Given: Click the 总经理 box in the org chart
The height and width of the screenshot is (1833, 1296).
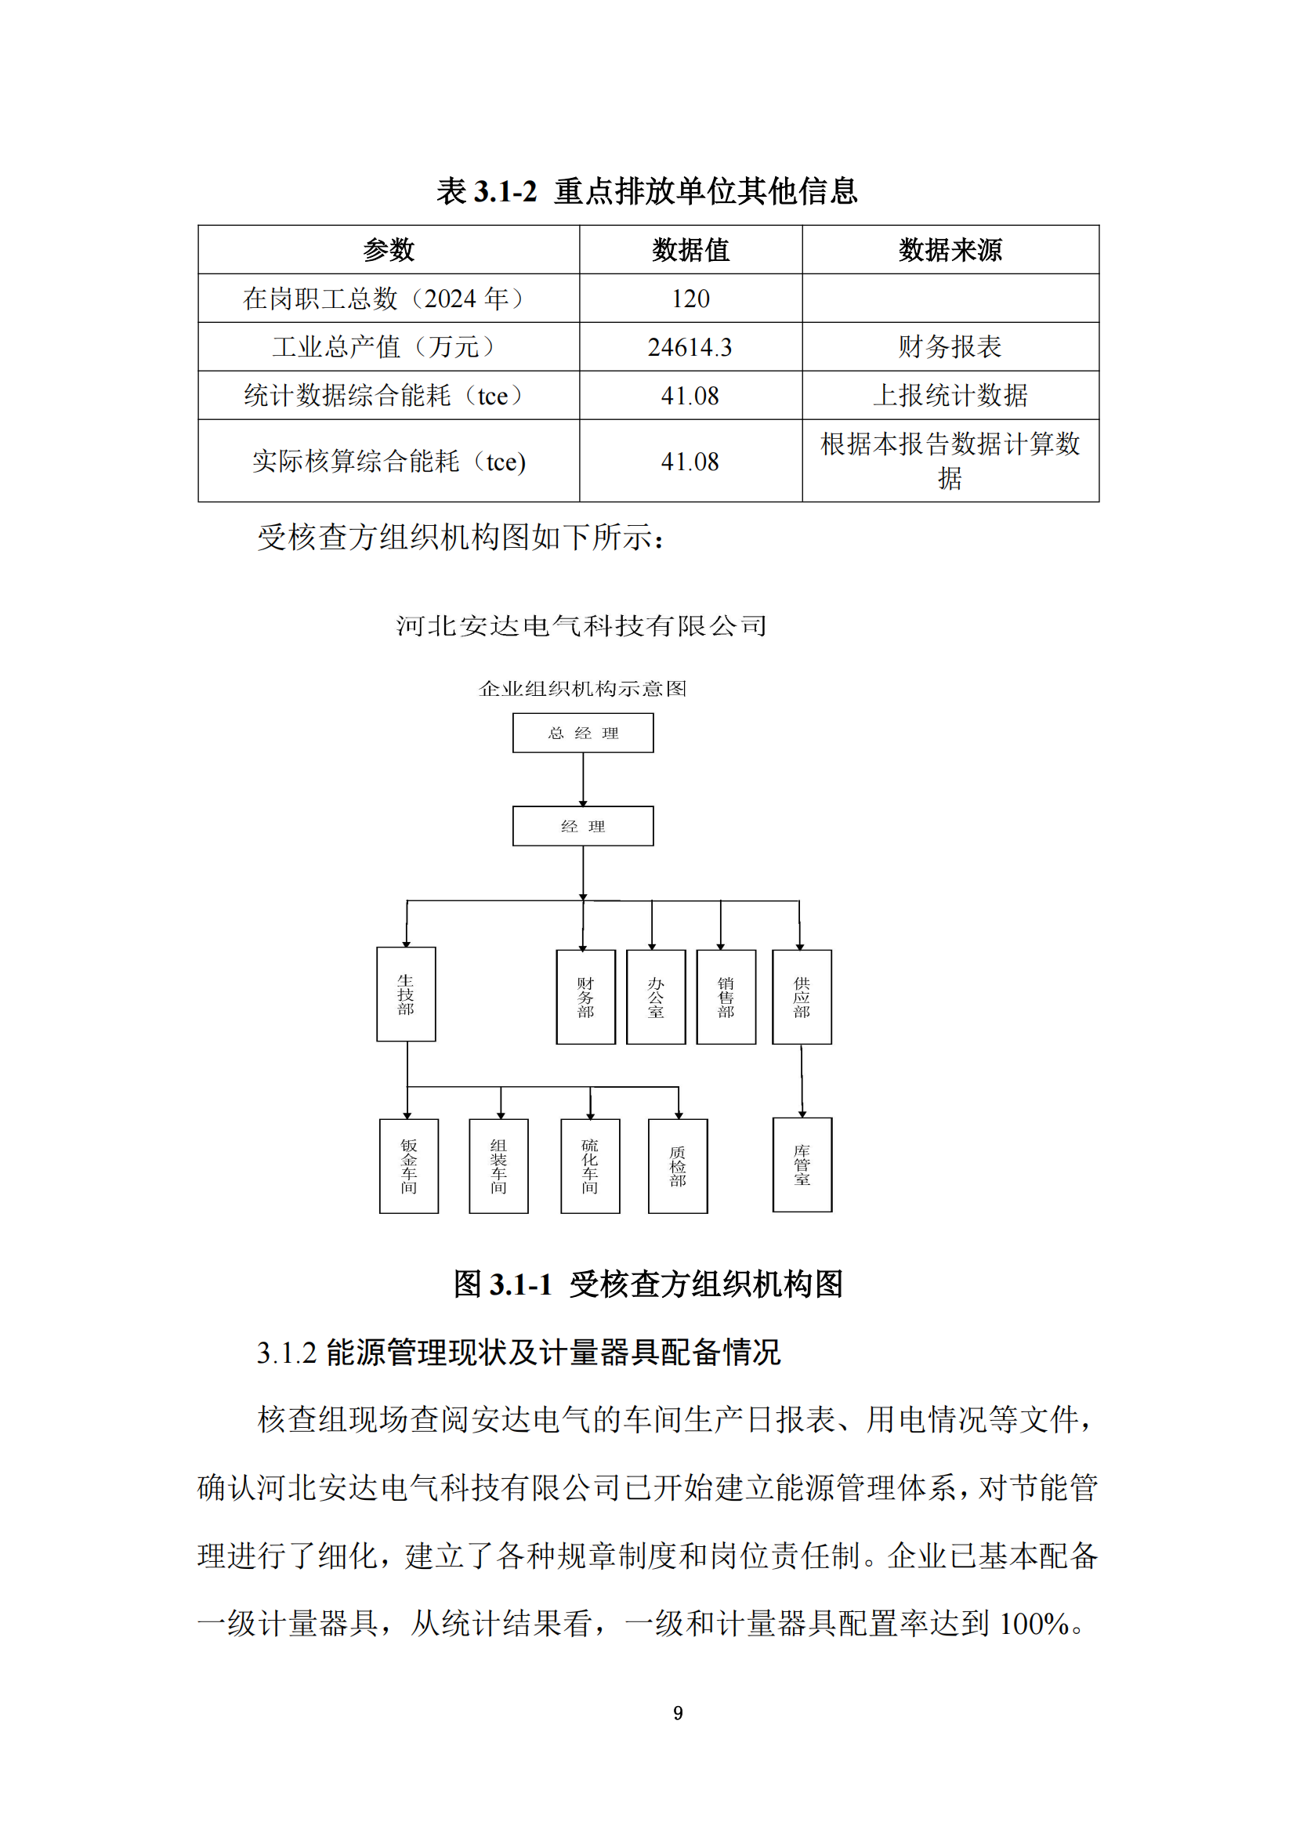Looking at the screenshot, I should click(582, 733).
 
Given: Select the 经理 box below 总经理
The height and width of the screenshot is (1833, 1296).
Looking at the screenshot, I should click(582, 826).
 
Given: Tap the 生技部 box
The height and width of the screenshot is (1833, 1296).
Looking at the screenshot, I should click(406, 994).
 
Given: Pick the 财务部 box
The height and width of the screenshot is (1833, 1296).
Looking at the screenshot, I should click(586, 997).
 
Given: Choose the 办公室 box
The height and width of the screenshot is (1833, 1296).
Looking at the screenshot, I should click(656, 997).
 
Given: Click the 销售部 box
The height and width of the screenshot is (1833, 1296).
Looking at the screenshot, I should click(726, 997).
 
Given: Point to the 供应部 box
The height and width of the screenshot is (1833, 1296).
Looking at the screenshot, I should click(802, 997).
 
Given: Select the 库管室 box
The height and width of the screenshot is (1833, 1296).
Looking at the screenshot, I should click(802, 1165).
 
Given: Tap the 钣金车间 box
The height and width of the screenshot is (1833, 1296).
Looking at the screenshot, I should click(408, 1166).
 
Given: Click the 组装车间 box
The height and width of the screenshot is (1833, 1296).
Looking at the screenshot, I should click(499, 1166).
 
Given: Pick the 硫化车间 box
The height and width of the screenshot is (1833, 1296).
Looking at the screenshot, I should click(591, 1166).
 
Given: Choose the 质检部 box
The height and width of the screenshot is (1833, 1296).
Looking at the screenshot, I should click(679, 1166).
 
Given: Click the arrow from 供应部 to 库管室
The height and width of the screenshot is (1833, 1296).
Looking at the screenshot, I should click(802, 1081).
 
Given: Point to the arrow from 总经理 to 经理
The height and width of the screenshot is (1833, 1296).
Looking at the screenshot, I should click(584, 779).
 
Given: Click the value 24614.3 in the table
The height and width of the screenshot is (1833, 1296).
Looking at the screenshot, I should click(690, 347).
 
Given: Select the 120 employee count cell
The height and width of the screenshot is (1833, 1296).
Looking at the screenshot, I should click(690, 299).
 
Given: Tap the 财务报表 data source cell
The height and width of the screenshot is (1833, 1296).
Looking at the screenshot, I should click(950, 347).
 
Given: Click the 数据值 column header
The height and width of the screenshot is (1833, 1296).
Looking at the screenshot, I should click(690, 250).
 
